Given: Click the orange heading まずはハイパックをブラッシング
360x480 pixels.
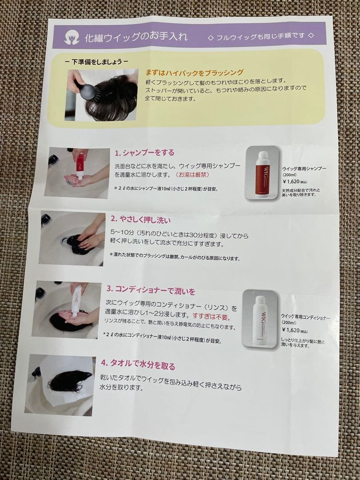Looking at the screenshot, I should (194, 72).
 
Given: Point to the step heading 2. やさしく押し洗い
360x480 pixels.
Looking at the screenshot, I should (140, 219).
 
